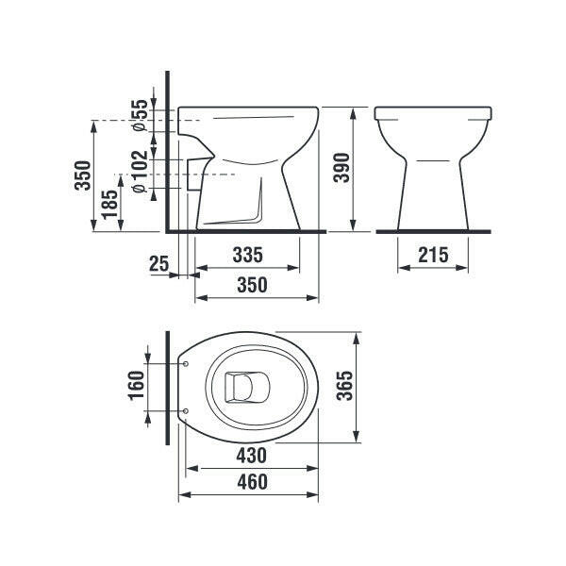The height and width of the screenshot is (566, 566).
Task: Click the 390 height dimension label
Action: [x=341, y=168]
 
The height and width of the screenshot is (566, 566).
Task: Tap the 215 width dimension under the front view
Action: [x=433, y=256]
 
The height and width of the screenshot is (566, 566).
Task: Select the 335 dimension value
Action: [x=247, y=256]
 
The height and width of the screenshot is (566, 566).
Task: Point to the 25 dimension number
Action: [x=158, y=263]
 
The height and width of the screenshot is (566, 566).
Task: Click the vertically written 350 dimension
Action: [x=82, y=175]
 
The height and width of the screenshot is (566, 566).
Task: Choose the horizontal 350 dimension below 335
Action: [x=252, y=285]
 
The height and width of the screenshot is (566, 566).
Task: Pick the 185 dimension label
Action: [x=109, y=205]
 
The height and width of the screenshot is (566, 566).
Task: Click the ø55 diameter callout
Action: [x=140, y=115]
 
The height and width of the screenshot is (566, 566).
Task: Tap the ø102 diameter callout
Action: [x=140, y=171]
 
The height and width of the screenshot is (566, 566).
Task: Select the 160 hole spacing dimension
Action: [x=137, y=386]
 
